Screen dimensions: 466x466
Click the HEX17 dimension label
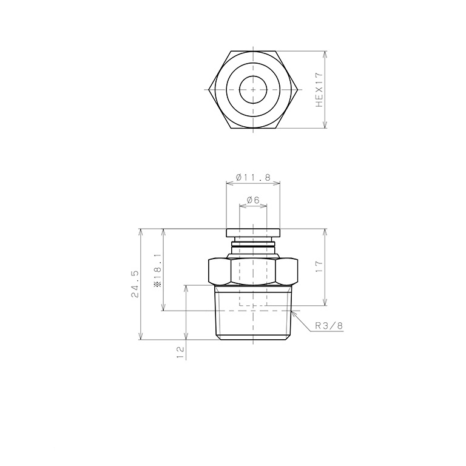tap(320, 90)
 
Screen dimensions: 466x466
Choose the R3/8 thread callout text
tap(329, 326)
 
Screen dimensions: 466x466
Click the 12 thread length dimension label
tap(180, 351)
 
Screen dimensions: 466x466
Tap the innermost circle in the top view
tap(252, 90)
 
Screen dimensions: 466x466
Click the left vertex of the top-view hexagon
tap(209, 90)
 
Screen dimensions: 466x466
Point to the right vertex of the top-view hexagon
tap(297, 90)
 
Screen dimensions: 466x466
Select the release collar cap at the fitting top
tap(252, 233)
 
